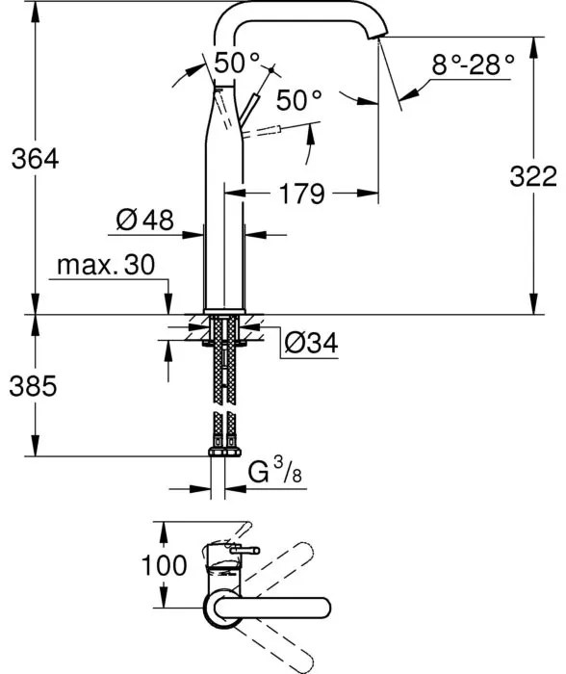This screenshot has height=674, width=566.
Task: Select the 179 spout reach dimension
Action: [302, 194]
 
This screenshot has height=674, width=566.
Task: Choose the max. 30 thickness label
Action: [105, 265]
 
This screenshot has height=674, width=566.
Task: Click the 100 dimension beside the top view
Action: [165, 564]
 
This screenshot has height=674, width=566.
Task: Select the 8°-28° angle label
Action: [473, 65]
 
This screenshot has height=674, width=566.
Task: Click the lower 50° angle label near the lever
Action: [297, 99]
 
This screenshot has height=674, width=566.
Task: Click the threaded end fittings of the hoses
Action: [224, 451]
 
